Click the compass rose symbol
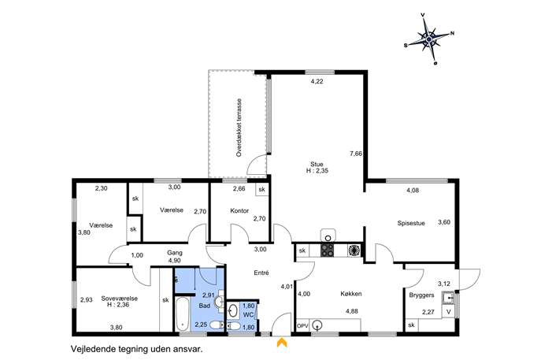tap(429, 39)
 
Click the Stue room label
tap(317, 165)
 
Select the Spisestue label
tap(411, 223)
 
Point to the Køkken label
tap(351, 294)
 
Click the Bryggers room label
tap(421, 295)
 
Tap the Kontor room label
tap(239, 211)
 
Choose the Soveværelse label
tap(120, 299)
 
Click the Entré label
tap(261, 273)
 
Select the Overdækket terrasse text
tap(239, 128)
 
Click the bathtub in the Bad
tap(182, 314)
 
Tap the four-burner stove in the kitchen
tap(328, 251)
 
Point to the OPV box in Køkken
tap(302, 325)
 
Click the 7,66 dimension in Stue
tap(356, 154)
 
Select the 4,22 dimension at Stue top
tap(317, 81)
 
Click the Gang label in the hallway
tap(175, 253)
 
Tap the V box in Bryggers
tap(449, 312)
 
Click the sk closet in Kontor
tap(262, 190)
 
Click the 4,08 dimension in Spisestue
tap(413, 190)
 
